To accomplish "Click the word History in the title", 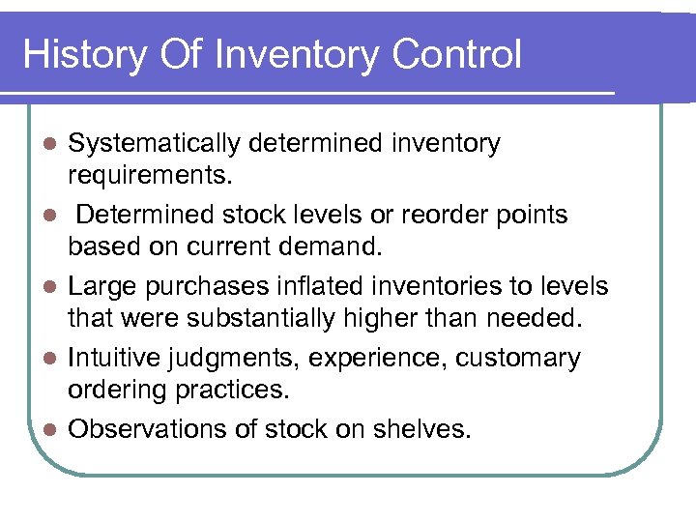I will pos(81,54).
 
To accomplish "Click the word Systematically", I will pos(155,144).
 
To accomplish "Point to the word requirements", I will pos(141,177).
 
